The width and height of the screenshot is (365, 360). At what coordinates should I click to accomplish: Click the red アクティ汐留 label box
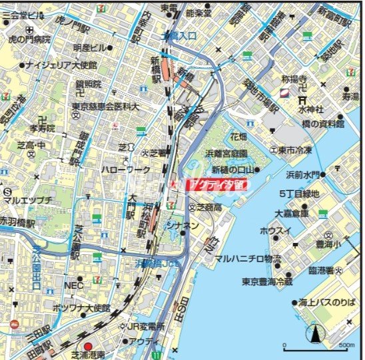217,184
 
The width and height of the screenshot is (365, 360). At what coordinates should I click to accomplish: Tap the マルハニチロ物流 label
248,258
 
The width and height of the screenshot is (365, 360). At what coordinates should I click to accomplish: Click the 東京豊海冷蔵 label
266,281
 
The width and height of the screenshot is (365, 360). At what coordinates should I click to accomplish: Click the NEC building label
73,285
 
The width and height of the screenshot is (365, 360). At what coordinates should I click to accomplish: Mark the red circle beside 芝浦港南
88,346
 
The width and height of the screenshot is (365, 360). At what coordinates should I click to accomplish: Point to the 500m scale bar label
346,346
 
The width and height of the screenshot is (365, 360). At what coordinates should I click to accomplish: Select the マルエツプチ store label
27,200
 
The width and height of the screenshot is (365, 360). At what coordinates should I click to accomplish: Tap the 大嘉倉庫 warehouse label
292,214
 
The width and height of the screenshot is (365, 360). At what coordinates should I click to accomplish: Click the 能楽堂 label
198,13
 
